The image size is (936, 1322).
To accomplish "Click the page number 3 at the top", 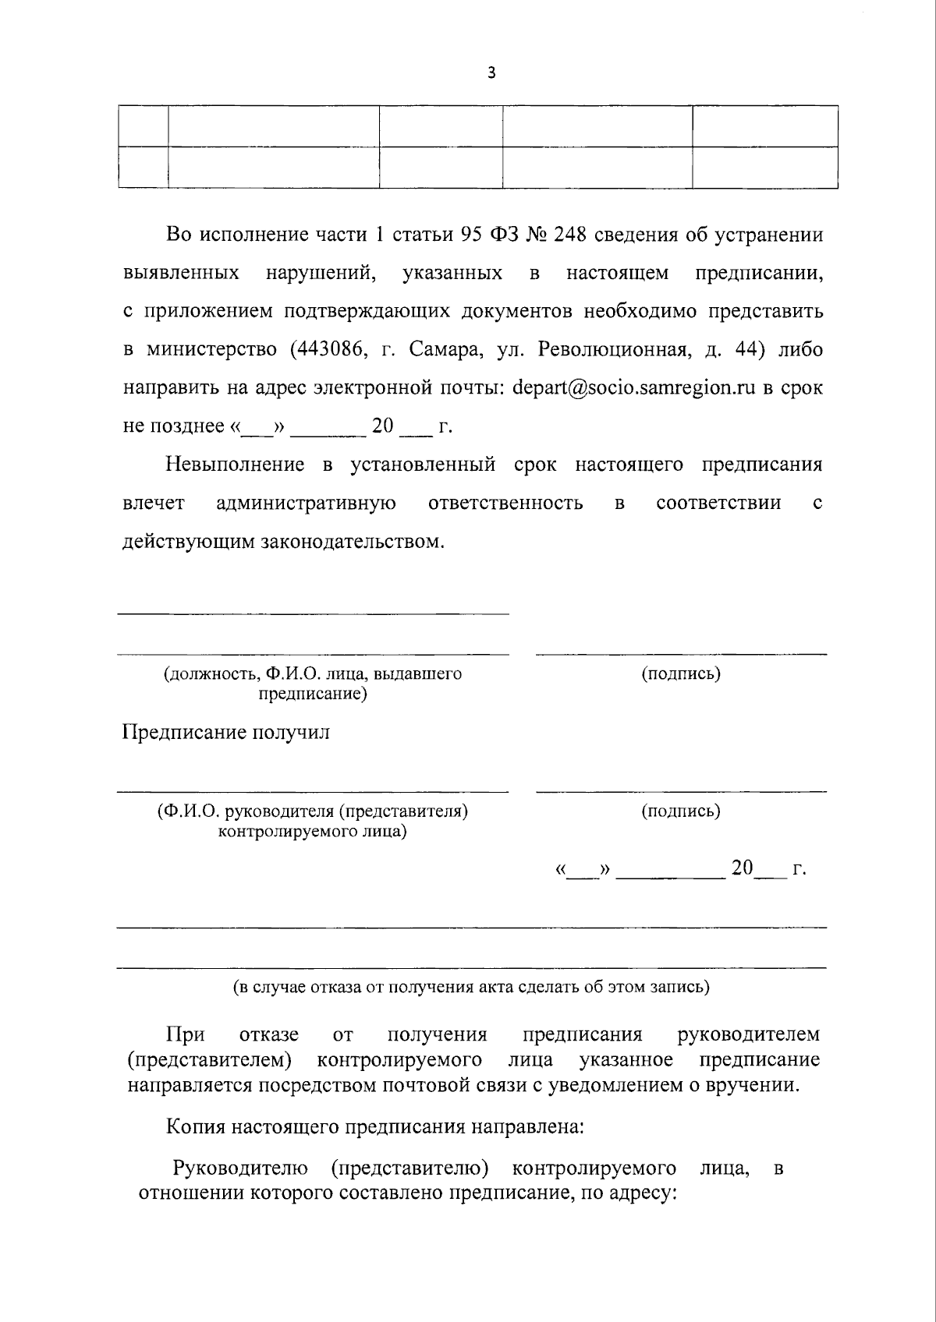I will pos(491,73).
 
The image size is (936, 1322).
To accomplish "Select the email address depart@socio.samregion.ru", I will pos(634,388).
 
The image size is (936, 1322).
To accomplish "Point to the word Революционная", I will pos(603,350).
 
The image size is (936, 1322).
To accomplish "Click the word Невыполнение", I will pos(234,465).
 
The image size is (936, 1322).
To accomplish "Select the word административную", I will pos(305,503).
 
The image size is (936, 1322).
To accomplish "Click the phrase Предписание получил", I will pos(226,733).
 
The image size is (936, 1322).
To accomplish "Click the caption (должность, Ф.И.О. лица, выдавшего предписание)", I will pos(312,683).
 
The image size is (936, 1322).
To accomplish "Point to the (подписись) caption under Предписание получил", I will pos(681,811).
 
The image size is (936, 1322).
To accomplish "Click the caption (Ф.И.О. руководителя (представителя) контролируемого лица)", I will pos(312,821).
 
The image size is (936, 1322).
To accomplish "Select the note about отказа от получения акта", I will pos(472,987).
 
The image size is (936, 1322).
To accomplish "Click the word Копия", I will pos(195,1126).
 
